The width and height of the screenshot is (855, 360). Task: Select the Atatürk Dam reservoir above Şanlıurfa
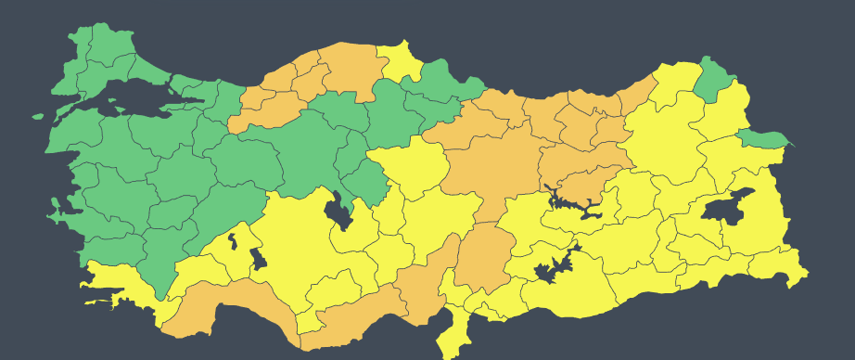pos(554,268)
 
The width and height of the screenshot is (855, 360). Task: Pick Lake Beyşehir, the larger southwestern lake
pos(257,259)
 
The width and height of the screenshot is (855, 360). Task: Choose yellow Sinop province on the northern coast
pos(399,60)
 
